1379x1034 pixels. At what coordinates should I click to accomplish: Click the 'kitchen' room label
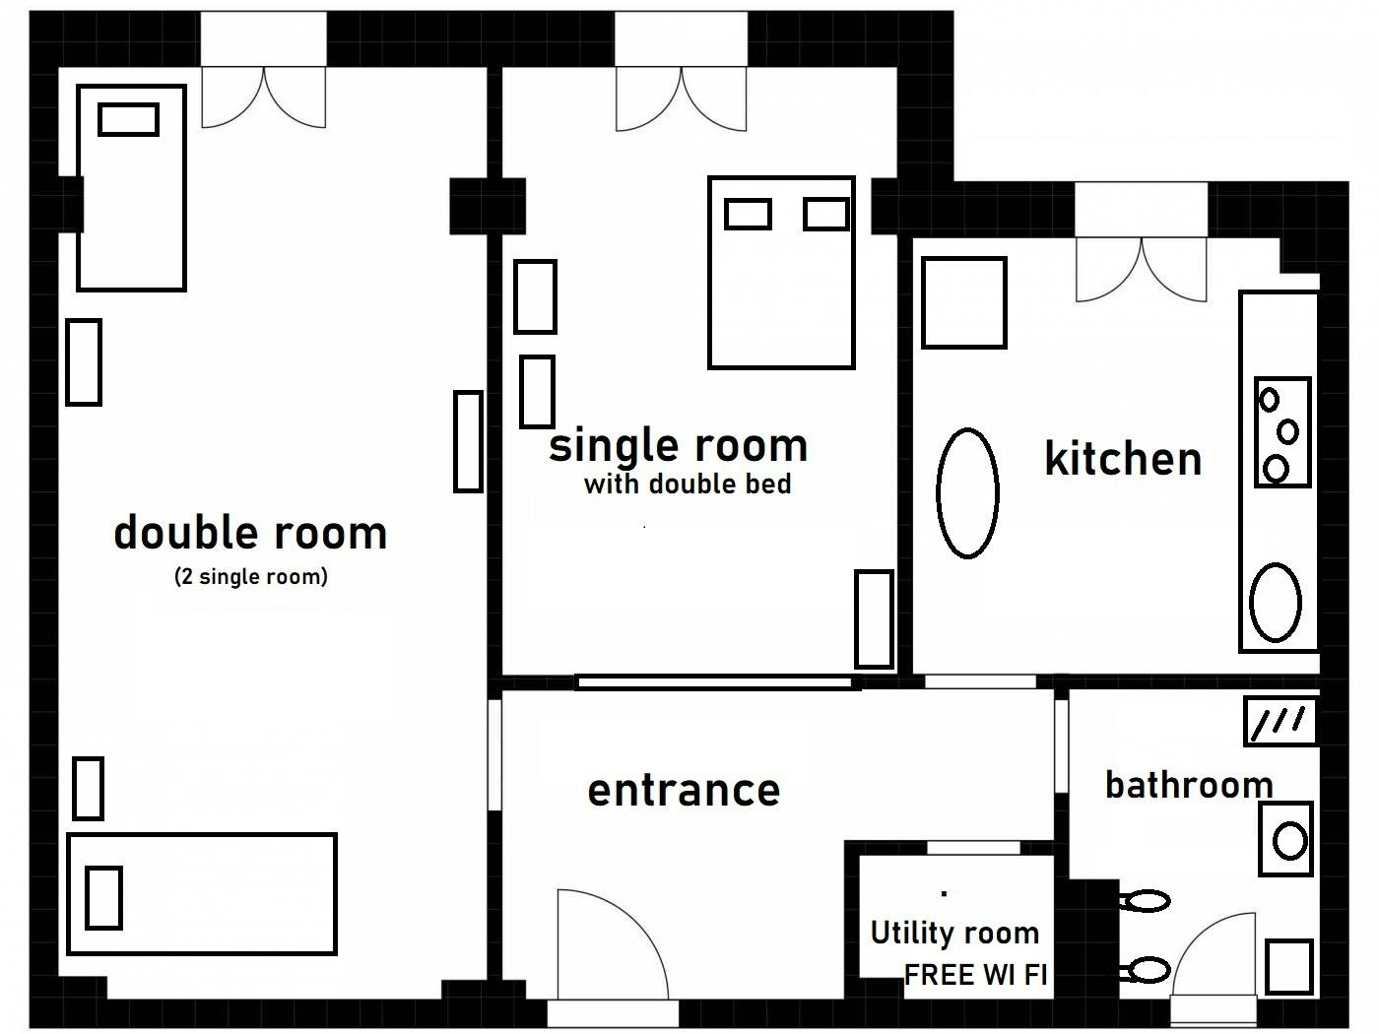(1123, 459)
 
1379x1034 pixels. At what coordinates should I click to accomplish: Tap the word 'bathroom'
(1189, 785)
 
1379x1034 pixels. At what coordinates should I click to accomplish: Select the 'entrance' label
(684, 790)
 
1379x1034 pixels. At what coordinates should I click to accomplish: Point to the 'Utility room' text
(954, 932)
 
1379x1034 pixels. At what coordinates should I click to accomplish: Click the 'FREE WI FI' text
(975, 975)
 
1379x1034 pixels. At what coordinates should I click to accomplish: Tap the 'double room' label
(250, 533)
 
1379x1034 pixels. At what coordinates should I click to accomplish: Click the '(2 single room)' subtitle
(250, 576)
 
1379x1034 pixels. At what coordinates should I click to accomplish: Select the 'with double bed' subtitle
(688, 484)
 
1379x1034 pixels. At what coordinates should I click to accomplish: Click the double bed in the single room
(781, 286)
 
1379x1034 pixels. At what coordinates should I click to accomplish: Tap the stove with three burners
(1282, 432)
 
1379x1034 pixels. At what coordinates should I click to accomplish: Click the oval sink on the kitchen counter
(1276, 602)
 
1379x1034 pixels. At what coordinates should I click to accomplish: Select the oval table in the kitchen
(966, 491)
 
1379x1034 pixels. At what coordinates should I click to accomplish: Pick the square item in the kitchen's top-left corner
(963, 302)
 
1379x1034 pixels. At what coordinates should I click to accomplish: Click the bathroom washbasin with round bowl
(1286, 839)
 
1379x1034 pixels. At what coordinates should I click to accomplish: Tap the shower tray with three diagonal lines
(1280, 721)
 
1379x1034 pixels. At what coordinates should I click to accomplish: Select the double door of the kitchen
(1142, 269)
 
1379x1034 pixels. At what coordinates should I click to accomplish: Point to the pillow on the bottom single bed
(103, 897)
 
